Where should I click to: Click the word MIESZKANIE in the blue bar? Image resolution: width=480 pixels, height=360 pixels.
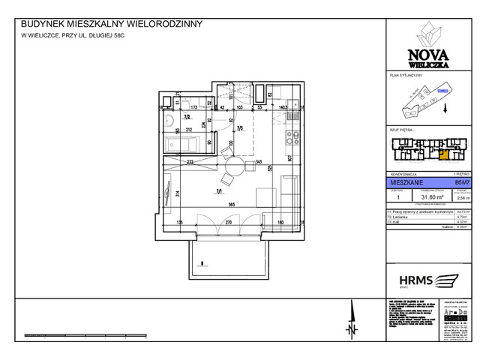(x=405, y=181)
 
